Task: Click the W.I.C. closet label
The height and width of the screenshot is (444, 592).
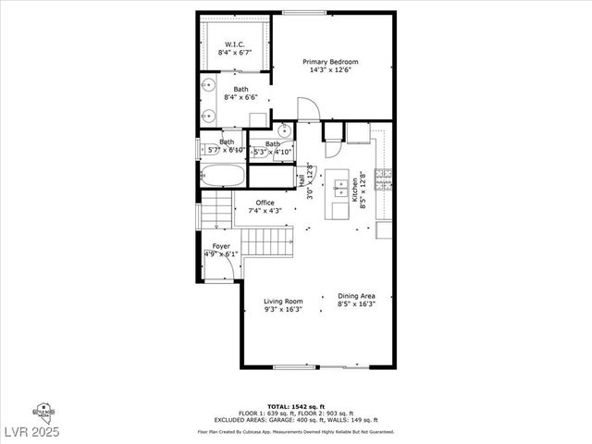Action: point(235,43)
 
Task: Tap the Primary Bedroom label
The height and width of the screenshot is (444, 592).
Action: point(330,62)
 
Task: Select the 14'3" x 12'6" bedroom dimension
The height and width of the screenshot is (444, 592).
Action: point(330,70)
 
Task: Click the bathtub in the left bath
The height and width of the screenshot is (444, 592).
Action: point(223,175)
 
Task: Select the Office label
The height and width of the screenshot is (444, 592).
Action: point(265,203)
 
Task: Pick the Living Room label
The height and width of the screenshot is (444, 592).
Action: point(283,302)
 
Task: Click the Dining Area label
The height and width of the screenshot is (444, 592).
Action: point(356,295)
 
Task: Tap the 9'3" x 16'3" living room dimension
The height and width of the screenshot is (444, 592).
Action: point(283,310)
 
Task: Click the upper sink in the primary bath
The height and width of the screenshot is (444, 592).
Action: point(210,85)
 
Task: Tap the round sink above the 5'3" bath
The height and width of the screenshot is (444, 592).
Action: point(284,129)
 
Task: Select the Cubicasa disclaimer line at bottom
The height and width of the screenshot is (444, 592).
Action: point(295,432)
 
